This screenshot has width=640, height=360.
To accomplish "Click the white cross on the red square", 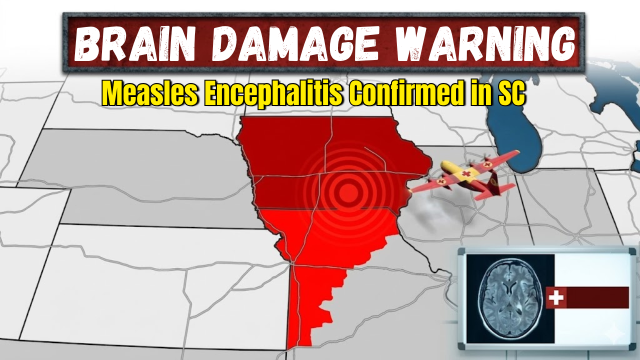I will [x=555, y=298].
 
